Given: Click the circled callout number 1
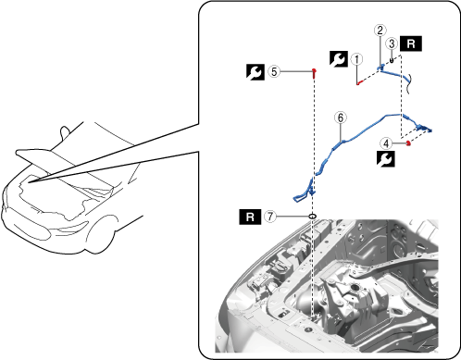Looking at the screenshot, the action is tap(357, 59).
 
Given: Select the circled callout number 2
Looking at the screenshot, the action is tap(380, 31).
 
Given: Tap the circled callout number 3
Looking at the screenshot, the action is tap(392, 43).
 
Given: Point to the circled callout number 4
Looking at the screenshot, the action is tap(386, 143).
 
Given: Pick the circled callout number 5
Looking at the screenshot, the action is tap(274, 71).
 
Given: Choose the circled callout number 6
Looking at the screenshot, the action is tap(341, 118).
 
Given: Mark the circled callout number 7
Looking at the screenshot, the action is tap(270, 217).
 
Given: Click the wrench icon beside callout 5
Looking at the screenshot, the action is tap(255, 72).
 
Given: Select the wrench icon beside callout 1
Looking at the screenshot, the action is tap(339, 59).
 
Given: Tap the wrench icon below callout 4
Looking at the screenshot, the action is tap(386, 159).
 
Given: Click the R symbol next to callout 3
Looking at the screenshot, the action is tap(411, 43).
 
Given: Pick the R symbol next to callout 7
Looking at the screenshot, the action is tap(250, 217).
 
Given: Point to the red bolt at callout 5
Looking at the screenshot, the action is tap(314, 73).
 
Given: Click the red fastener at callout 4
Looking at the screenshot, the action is tap(408, 143).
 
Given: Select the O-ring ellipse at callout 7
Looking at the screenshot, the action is tap(313, 217).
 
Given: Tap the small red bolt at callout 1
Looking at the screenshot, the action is tap(358, 83).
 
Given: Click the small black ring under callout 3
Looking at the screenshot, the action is tap(392, 60).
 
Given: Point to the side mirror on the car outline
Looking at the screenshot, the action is tap(65, 131).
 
